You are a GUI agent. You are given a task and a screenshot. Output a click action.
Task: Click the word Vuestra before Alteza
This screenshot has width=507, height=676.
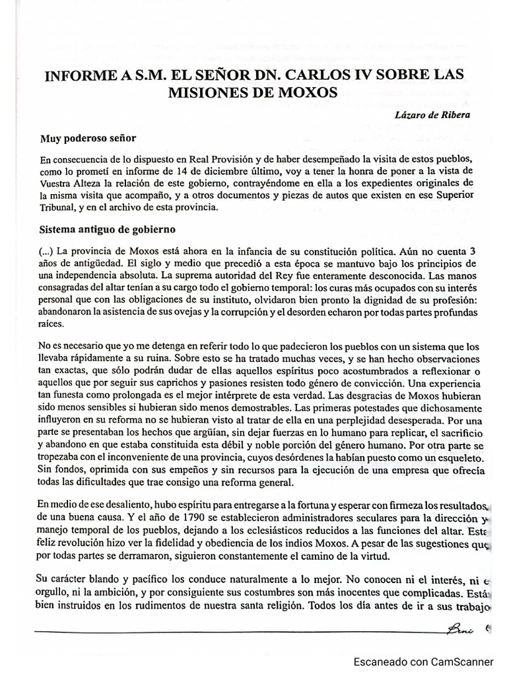[x=59, y=185]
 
